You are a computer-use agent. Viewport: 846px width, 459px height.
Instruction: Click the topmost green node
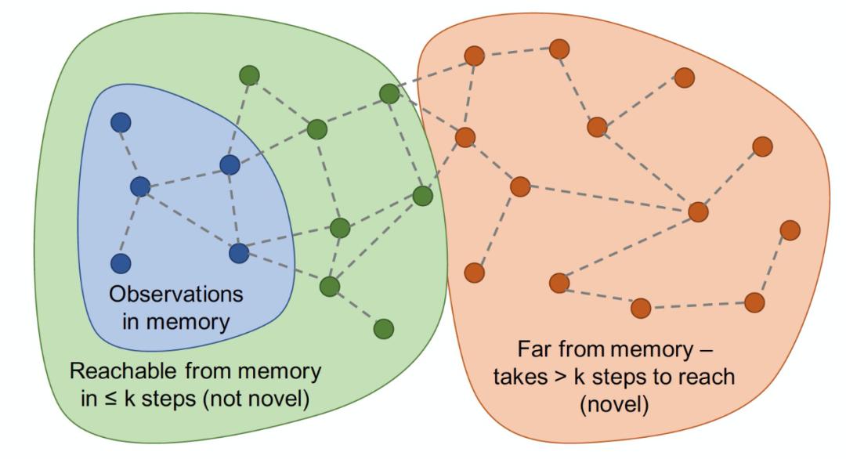[249, 75]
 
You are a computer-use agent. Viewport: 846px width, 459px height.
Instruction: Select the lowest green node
[383, 328]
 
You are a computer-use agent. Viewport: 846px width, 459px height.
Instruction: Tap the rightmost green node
[422, 196]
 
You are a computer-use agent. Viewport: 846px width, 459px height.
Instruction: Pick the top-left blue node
[121, 122]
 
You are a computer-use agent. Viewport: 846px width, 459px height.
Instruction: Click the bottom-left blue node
[120, 263]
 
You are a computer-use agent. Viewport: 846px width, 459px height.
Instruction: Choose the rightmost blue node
[239, 253]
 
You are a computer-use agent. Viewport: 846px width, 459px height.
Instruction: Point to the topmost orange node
[559, 49]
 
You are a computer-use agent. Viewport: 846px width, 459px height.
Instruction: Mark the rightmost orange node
[790, 229]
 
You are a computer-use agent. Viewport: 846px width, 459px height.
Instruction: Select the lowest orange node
[641, 308]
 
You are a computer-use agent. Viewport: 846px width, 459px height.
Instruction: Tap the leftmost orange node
[465, 137]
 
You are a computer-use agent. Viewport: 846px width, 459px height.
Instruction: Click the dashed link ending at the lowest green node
[356, 308]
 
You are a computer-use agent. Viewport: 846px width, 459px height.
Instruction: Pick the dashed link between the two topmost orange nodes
[516, 52]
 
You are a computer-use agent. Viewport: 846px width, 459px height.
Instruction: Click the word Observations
[175, 295]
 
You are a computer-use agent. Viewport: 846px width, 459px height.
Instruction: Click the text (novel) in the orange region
[613, 405]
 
